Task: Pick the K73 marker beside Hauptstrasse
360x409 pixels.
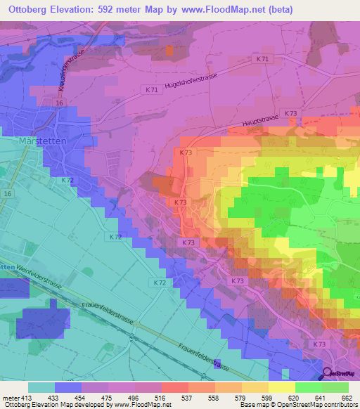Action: pos(292,113)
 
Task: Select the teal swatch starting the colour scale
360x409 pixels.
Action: pos(41,387)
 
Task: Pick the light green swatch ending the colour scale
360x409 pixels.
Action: pos(335,387)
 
